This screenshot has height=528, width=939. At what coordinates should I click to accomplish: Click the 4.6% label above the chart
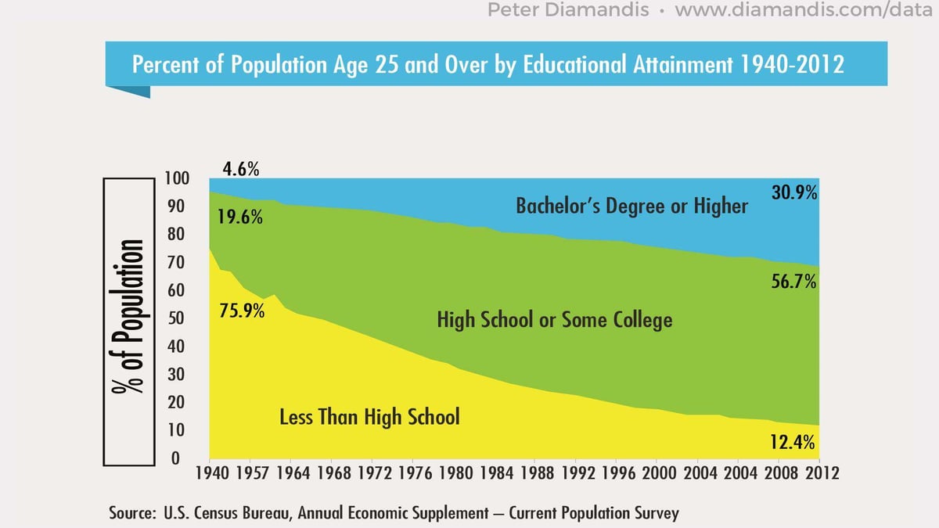(x=240, y=168)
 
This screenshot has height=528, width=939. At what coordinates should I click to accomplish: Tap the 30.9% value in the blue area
(x=794, y=192)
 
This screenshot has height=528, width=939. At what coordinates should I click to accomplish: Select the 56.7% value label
(x=794, y=282)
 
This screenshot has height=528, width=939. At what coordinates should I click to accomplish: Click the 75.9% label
(x=241, y=310)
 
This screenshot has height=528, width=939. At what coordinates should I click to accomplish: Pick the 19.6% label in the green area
(x=240, y=217)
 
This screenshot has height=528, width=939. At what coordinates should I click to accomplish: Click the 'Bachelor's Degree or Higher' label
(x=631, y=207)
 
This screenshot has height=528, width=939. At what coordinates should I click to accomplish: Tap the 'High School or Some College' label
(x=554, y=320)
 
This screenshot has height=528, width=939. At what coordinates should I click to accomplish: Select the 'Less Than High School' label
(x=369, y=417)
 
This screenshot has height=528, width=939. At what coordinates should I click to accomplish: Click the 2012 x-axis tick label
(x=822, y=474)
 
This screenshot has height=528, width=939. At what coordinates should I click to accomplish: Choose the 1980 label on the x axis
(x=453, y=474)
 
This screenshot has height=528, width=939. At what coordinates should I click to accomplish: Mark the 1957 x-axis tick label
(x=249, y=474)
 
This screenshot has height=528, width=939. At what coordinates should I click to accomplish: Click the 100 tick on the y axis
(x=178, y=178)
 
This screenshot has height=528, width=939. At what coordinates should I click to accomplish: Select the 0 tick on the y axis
(x=176, y=458)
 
